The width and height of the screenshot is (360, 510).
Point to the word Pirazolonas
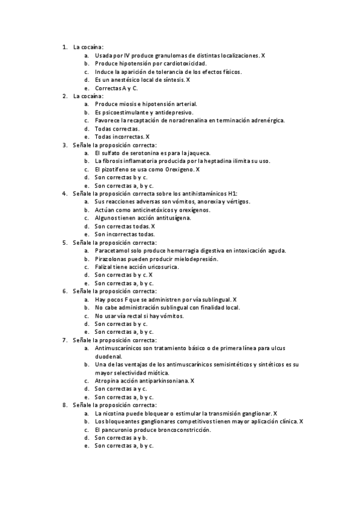point(112,259)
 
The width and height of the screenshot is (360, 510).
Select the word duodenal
point(109,356)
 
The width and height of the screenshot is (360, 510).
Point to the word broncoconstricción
point(178,430)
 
